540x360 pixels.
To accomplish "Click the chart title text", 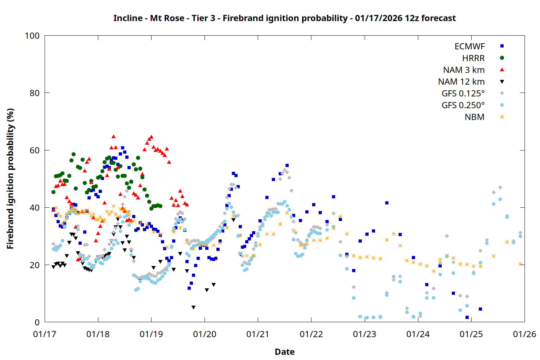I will tap(284, 18).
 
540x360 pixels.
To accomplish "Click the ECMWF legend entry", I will tap(469, 46).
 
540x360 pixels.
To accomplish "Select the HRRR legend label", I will tap(473, 58).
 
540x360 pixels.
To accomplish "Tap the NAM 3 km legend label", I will tap(464, 70).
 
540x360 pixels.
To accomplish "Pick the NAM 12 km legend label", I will tap(461, 82).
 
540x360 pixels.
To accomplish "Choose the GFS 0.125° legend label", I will tap(463, 94).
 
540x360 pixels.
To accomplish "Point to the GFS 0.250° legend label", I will tap(463, 105).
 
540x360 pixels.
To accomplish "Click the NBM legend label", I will tap(474, 117).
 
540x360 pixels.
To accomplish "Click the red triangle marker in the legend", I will tap(502, 70).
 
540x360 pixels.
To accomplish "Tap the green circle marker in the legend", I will tap(502, 58).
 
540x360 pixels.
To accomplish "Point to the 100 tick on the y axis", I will tap(32, 36).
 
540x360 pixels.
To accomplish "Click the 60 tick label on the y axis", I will tap(35, 150).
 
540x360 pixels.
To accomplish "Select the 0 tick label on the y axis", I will tap(37, 323).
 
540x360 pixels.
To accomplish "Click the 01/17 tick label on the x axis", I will tap(45, 334).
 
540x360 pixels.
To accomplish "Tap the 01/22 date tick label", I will tap(311, 334).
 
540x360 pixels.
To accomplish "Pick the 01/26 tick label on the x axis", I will tap(525, 334).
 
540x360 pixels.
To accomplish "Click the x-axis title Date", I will tap(284, 352).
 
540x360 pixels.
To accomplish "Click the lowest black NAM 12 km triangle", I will tap(193, 307).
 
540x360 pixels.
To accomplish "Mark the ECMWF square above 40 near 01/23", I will tap(387, 203).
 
